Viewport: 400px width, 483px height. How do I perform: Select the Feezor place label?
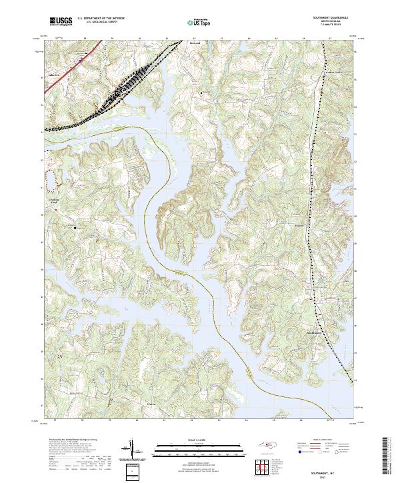[x=299, y=226]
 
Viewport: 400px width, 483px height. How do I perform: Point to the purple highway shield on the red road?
[x=78, y=61]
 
